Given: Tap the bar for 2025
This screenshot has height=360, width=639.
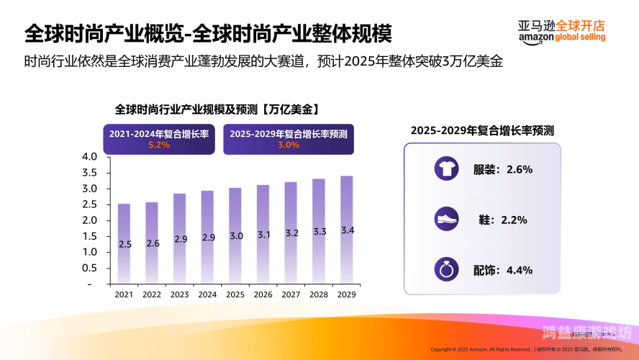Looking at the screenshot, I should (235, 235).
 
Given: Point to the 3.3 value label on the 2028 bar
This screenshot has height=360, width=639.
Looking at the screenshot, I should (319, 231).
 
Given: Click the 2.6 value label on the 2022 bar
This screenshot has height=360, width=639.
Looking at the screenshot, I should (152, 243).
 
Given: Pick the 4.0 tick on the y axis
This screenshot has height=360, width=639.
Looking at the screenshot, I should (90, 157).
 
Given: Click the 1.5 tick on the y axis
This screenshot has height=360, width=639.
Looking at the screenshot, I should (90, 236).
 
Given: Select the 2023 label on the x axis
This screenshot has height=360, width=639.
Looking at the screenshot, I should (179, 294).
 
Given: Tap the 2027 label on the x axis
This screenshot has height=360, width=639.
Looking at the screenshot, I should (291, 294).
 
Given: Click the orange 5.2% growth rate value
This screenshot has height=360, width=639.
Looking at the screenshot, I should (158, 145).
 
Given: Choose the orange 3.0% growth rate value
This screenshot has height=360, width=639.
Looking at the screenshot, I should (288, 145).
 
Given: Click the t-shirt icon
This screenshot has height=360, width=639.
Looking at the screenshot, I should (445, 170).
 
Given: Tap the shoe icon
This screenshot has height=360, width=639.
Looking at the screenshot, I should (445, 220).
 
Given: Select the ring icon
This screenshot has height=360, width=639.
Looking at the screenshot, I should (445, 270).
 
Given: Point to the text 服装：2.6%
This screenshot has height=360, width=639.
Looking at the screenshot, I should (503, 170).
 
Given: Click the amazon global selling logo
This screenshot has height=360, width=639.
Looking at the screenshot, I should (561, 30).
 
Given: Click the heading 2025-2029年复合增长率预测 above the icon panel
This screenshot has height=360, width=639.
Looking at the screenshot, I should (482, 130).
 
